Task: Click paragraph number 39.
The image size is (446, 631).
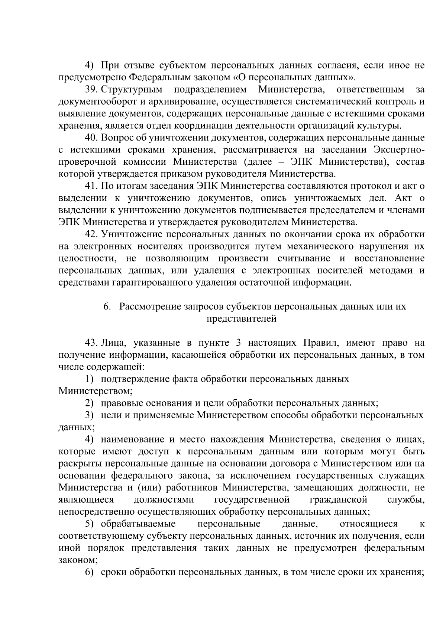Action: click(91, 90)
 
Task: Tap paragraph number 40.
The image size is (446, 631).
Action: click(91, 138)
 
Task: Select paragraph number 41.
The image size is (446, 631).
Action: click(91, 186)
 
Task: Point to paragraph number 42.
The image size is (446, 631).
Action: click(91, 235)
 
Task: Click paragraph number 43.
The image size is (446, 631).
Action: click(91, 342)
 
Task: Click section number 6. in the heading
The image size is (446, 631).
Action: click(107, 307)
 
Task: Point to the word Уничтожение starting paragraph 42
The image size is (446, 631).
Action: click(131, 235)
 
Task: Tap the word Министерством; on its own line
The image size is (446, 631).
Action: click(96, 391)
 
